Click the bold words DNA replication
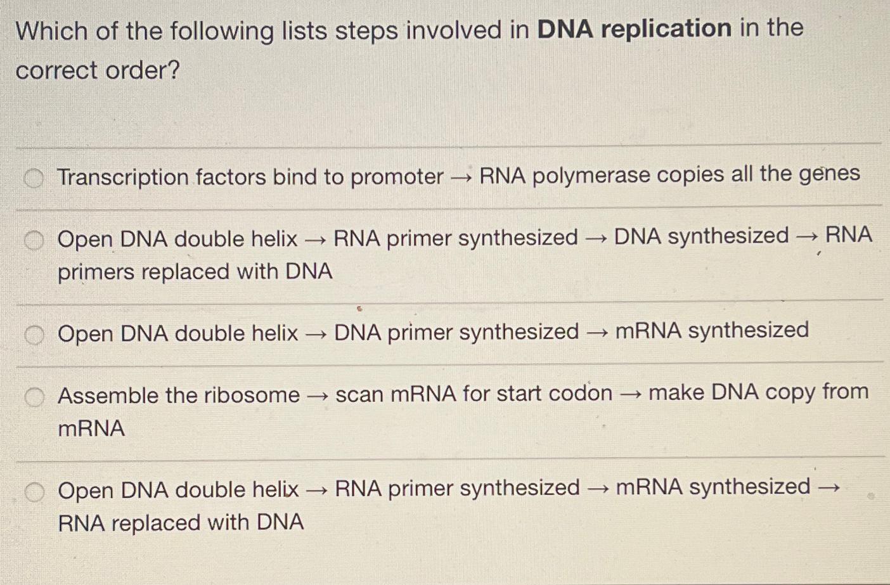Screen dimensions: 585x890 [634, 29]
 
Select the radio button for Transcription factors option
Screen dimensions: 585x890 [34, 179]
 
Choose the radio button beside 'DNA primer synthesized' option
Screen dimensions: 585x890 [34, 335]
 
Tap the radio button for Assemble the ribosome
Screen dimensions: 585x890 [34, 397]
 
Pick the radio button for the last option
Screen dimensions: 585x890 [34, 492]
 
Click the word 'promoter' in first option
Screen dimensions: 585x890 [397, 177]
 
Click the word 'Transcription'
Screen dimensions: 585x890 [123, 177]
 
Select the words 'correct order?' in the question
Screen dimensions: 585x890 [98, 70]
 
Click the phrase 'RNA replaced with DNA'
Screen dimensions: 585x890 [181, 523]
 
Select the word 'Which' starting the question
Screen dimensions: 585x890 [52, 31]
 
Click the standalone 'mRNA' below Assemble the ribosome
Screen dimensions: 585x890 [91, 428]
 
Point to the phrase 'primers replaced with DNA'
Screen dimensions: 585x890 [195, 272]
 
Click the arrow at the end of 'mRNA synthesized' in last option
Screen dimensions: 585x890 [829, 488]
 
